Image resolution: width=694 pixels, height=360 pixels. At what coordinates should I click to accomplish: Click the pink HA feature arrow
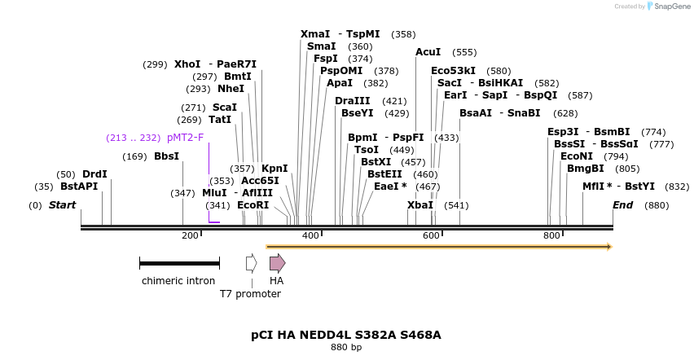click(x=277, y=263)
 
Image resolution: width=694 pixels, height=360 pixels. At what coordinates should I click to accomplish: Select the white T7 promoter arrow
click(x=252, y=263)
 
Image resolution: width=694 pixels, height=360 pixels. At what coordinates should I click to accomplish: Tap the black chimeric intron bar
click(x=179, y=263)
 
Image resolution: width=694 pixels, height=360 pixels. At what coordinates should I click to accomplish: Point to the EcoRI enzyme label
click(x=253, y=205)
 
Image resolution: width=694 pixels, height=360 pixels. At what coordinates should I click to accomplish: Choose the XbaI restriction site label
click(x=420, y=205)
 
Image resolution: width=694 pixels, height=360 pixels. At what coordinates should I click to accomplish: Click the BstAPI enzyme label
click(x=79, y=187)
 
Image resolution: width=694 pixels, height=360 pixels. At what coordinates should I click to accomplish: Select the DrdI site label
click(x=94, y=174)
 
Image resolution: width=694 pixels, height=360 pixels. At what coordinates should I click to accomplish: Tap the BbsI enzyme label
click(x=166, y=156)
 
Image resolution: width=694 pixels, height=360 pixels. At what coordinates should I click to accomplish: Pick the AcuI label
click(x=428, y=52)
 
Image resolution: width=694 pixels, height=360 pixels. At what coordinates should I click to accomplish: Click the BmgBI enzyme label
click(x=585, y=169)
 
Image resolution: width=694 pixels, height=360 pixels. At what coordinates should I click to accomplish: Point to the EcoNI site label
click(x=576, y=156)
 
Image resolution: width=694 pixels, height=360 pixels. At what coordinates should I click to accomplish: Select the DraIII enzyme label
click(x=352, y=101)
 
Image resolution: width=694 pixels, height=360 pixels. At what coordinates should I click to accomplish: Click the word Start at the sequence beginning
click(x=62, y=205)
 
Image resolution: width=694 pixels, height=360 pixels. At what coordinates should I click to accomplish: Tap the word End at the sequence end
click(x=622, y=205)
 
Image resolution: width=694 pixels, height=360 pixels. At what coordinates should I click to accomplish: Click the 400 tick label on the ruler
click(x=310, y=235)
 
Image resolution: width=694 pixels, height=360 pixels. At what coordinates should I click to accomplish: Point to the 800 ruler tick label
click(x=551, y=235)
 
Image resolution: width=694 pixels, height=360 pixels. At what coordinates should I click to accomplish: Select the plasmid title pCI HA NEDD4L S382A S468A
click(x=346, y=335)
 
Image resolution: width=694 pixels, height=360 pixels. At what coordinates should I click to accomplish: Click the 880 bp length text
click(x=346, y=348)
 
